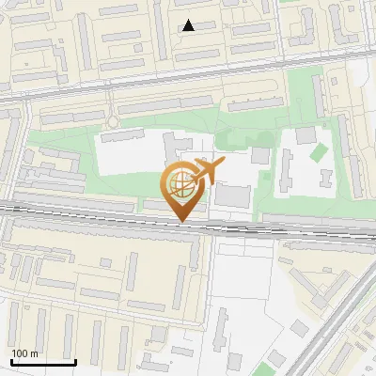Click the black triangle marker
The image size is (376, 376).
(189, 26)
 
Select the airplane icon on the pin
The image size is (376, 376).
(208, 171)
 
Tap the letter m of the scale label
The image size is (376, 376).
(34, 353)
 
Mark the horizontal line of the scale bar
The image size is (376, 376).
(43, 362)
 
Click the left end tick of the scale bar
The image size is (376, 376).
(11, 359)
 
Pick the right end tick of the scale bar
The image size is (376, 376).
(75, 359)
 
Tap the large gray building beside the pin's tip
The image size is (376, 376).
(234, 196)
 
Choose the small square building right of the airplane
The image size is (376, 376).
(259, 155)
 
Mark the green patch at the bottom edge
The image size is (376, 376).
(274, 362)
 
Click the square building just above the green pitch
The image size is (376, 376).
(305, 135)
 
